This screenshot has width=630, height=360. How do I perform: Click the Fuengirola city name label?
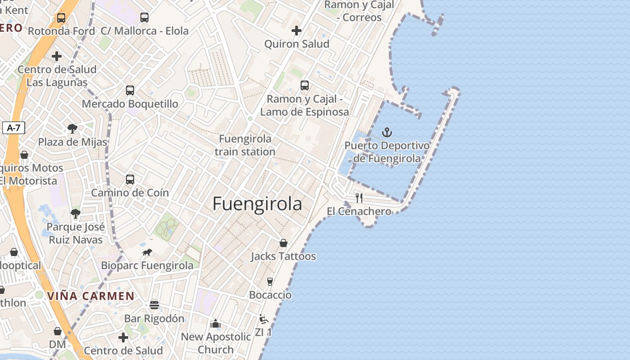(x=257, y=204)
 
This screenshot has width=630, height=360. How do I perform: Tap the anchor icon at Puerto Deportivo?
(x=387, y=132)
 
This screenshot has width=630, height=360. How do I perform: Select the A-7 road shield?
(x=13, y=128)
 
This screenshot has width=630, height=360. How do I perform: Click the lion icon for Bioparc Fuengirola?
(x=147, y=252)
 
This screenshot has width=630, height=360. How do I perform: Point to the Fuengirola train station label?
(x=245, y=145)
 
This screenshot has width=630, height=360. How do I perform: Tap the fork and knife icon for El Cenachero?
(x=359, y=198)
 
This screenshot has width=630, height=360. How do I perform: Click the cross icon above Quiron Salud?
(x=297, y=31)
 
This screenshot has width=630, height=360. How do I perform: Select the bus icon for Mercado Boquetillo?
(x=130, y=90)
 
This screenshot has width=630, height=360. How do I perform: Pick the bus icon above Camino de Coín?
(x=130, y=180)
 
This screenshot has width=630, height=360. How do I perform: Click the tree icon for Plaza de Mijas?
(x=72, y=129)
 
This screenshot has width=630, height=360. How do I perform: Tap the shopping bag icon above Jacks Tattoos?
(x=283, y=243)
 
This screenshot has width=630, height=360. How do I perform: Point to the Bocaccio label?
(x=270, y=295)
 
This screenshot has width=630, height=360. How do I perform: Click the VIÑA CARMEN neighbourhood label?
(x=90, y=296)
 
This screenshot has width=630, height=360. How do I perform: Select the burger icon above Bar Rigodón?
(x=154, y=305)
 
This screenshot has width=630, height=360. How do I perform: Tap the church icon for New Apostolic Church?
(x=216, y=324)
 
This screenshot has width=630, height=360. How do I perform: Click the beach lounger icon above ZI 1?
(x=264, y=319)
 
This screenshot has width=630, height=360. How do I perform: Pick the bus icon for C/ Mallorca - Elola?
(x=144, y=18)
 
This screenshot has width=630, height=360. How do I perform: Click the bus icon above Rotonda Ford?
(x=61, y=18)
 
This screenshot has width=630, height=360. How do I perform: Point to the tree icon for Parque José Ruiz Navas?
(x=76, y=214)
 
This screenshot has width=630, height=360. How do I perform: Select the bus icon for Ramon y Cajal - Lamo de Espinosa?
(x=305, y=85)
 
